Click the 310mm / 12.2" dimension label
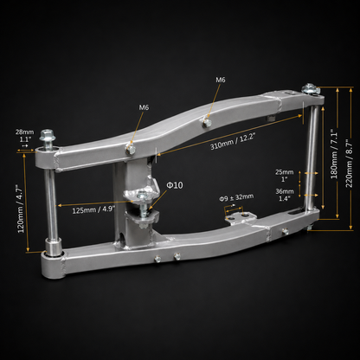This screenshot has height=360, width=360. pyautogui.click(x=233, y=141)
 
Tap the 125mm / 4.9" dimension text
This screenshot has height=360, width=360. pyautogui.click(x=93, y=209)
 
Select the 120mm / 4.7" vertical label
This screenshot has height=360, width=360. pyautogui.click(x=20, y=209)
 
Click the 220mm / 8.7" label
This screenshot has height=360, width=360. pyautogui.click(x=349, y=164)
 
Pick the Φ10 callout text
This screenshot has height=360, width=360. pyautogui.click(x=175, y=185)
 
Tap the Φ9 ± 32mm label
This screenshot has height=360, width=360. pyautogui.click(x=236, y=197)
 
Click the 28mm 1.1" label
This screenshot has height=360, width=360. pyautogui.click(x=24, y=136)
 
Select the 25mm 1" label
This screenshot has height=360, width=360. pyautogui.click(x=285, y=176)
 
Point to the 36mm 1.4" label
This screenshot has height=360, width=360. pyautogui.click(x=285, y=195)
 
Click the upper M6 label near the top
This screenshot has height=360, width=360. pyautogui.click(x=221, y=80)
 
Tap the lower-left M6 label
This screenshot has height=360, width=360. pyautogui.click(x=144, y=107)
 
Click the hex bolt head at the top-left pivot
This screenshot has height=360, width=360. pyautogui.click(x=48, y=136)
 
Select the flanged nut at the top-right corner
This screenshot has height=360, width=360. pyautogui.click(x=311, y=88)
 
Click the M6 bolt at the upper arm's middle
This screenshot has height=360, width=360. pyautogui.click(x=207, y=123)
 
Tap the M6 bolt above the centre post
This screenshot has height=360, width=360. pyautogui.click(x=130, y=149)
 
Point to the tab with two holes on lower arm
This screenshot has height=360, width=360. pyautogui.click(x=241, y=217)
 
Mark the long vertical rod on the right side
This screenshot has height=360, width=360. pyautogui.click(x=312, y=157)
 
